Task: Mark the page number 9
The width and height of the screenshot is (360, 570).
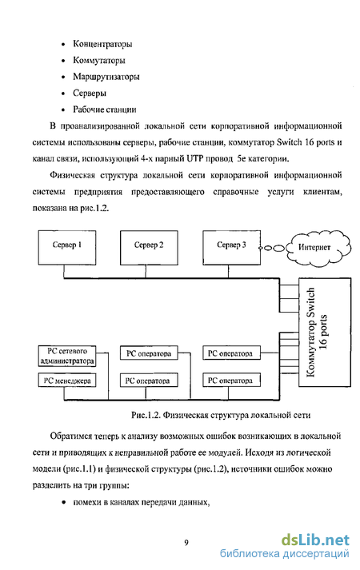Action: (186, 543)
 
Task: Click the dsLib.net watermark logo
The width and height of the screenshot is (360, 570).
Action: (315, 540)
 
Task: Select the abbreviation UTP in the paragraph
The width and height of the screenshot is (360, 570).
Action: (196, 159)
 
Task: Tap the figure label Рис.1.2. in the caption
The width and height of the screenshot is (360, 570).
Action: (146, 415)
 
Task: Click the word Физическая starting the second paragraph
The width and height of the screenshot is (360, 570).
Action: (72, 176)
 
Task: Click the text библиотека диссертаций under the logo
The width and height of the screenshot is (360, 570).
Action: (284, 554)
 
